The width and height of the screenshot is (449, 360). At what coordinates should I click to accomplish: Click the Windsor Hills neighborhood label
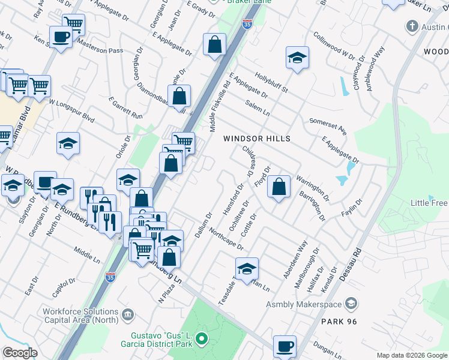pos(256,139)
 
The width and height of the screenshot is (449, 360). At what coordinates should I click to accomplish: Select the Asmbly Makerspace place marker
pos(352,305)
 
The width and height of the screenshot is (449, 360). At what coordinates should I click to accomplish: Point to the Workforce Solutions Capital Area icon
pos(127,315)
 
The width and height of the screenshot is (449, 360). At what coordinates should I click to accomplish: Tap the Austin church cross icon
pos(412,26)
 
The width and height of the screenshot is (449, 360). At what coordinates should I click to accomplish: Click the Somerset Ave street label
pos(328,127)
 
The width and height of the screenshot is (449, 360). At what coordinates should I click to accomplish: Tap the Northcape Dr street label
pos(226,242)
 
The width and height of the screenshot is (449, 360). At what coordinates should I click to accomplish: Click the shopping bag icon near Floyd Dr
pos(279,187)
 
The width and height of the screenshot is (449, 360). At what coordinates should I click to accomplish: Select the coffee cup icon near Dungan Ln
pos(285,346)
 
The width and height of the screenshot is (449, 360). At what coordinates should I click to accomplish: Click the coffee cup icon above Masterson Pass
pos(61,37)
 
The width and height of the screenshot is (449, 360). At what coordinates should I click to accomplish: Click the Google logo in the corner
pos(20,353)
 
